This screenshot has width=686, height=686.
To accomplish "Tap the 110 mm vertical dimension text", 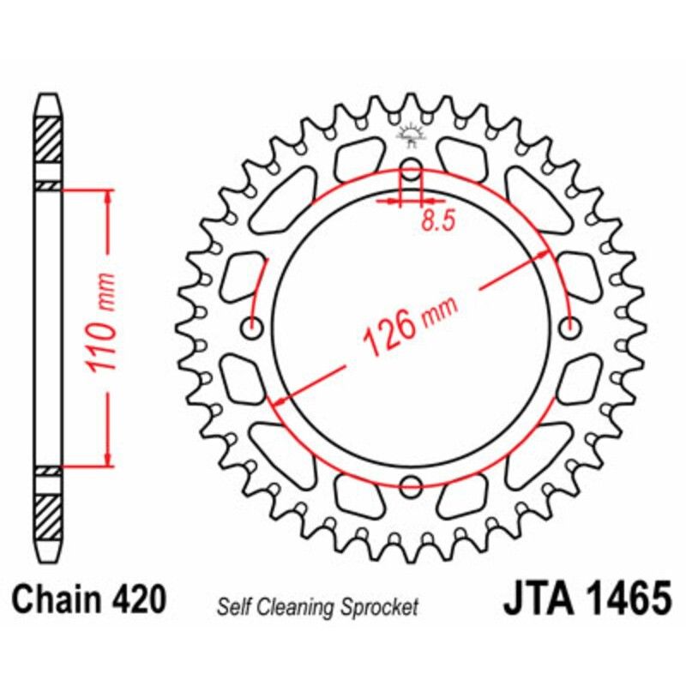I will pos(102,325).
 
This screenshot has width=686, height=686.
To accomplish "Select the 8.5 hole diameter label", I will pos(437,221).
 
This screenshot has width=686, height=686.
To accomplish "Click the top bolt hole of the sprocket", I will pos(412,167).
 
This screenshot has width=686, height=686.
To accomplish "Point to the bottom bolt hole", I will pos(412,484).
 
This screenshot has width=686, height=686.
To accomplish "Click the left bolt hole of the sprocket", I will pos(253,326).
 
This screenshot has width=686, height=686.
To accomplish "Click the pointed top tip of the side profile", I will pos(48,97).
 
